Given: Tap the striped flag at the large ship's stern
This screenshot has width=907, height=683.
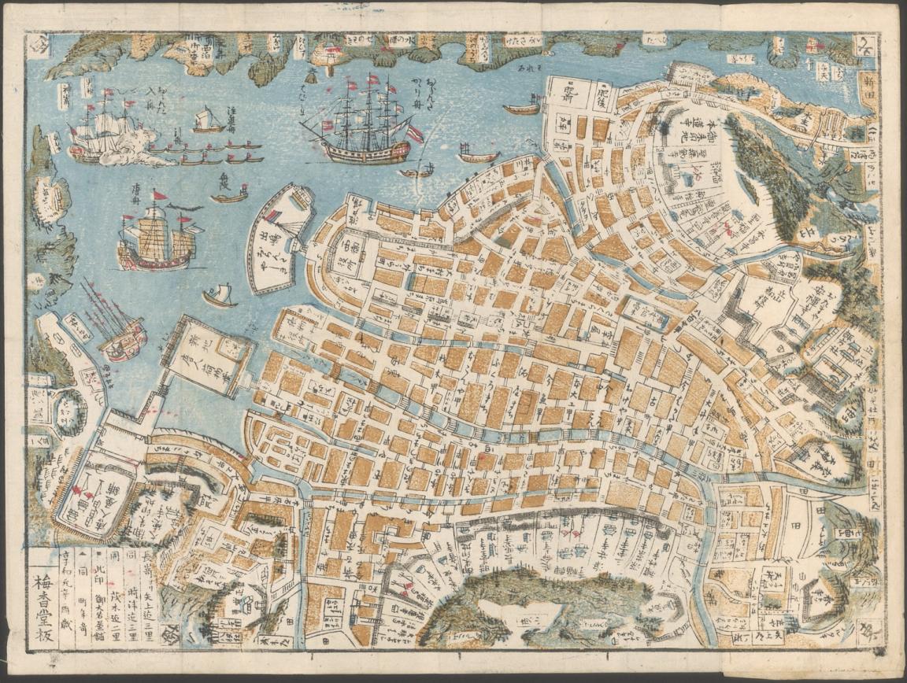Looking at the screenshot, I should (x=414, y=133).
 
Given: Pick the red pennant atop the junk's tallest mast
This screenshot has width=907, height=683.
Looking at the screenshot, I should (x=160, y=195).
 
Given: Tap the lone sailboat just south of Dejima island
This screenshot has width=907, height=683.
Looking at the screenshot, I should (x=220, y=297).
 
